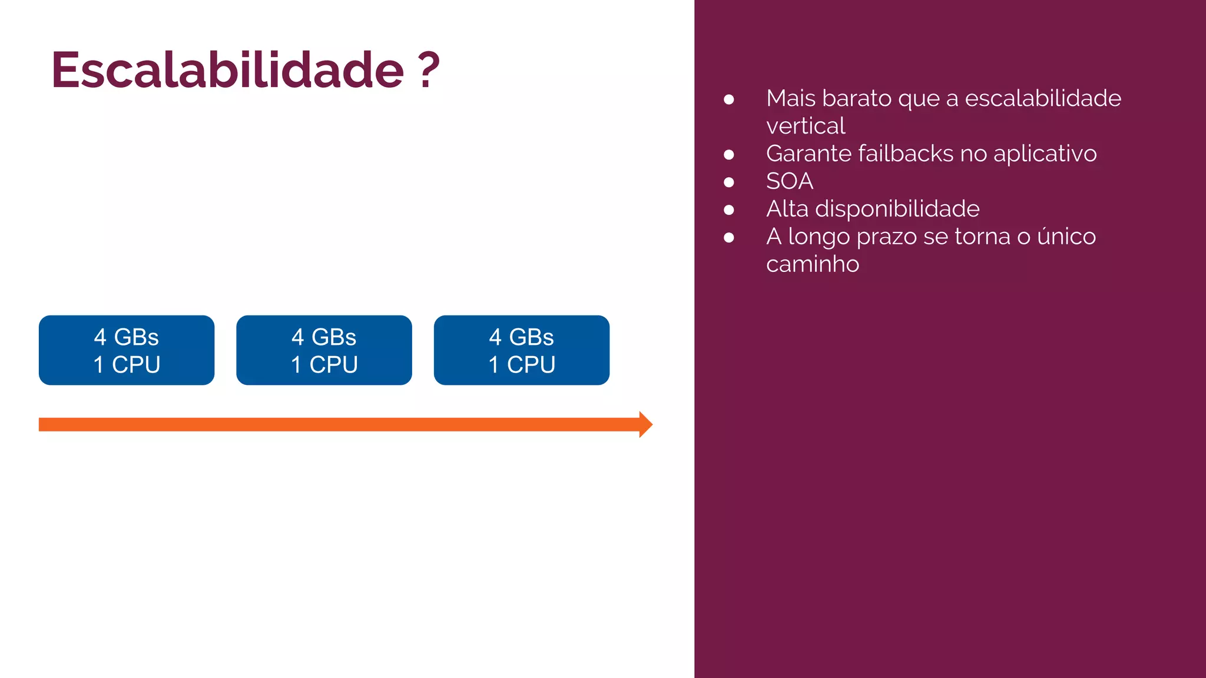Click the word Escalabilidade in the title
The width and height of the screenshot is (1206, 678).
227,70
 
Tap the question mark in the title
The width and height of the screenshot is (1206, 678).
429,70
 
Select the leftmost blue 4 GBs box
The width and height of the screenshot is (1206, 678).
127,350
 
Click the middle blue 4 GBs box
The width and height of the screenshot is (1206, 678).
324,350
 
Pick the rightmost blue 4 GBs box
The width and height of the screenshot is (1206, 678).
522,350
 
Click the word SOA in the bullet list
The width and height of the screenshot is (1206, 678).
789,181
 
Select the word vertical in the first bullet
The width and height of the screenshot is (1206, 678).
805,126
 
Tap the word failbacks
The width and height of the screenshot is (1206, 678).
905,154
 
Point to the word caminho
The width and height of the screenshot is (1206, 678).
812,264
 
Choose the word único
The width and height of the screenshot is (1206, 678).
1066,237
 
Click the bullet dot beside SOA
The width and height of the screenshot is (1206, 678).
729,182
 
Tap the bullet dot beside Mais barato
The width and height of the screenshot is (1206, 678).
729,99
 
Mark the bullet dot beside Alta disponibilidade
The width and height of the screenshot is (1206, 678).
729,210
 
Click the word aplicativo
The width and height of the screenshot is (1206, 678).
1045,154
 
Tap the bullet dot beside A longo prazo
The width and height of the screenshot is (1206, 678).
729,238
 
